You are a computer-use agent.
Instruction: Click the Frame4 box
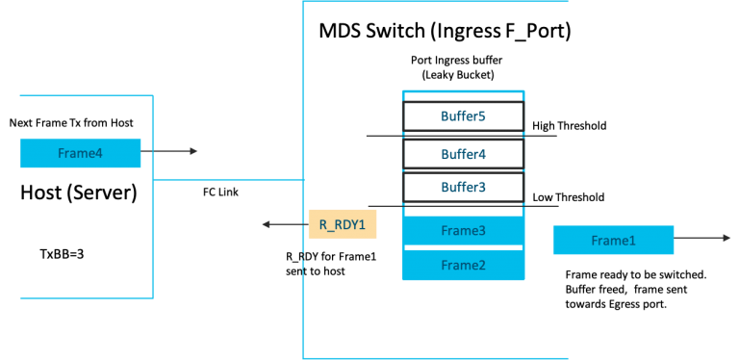click(x=80, y=153)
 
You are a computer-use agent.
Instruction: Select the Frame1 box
click(x=613, y=240)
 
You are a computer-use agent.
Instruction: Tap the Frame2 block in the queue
click(x=463, y=265)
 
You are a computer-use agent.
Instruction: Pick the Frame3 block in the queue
click(x=463, y=231)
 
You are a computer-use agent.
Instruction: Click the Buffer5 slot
click(x=463, y=116)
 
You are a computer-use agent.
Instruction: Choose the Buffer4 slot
click(x=463, y=154)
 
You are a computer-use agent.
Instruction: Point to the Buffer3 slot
click(x=463, y=187)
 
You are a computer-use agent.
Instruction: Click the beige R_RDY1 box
click(x=342, y=224)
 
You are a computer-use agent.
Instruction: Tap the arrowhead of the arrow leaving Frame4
click(x=194, y=151)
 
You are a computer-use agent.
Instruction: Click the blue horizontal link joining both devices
click(x=228, y=179)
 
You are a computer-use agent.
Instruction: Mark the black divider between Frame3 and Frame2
click(x=463, y=247)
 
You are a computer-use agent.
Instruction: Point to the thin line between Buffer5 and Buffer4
click(x=463, y=136)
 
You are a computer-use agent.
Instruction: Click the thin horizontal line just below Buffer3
click(x=463, y=206)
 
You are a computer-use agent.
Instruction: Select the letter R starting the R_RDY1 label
click(x=323, y=225)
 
